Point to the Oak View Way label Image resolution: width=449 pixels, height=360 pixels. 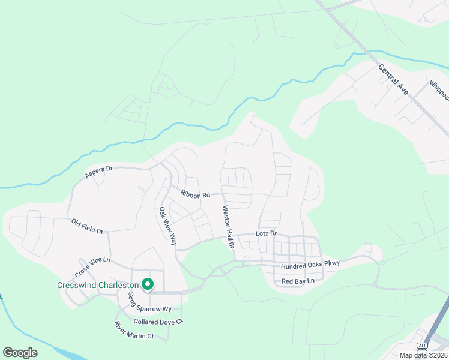point(167,226)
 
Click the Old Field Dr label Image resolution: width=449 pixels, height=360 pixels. point(88,226)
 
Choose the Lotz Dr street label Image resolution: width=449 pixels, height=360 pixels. point(266,233)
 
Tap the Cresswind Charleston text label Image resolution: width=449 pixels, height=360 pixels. point(98,286)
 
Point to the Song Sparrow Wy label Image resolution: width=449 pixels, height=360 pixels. point(150,302)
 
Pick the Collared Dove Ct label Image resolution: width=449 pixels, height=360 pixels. point(158,322)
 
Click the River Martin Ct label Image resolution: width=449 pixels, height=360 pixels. point(134,331)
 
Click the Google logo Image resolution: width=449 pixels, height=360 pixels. point(20,353)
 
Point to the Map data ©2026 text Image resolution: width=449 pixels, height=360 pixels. point(424,355)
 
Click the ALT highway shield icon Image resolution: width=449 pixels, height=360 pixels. point(422,346)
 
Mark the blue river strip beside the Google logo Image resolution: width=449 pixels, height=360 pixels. point(60,353)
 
